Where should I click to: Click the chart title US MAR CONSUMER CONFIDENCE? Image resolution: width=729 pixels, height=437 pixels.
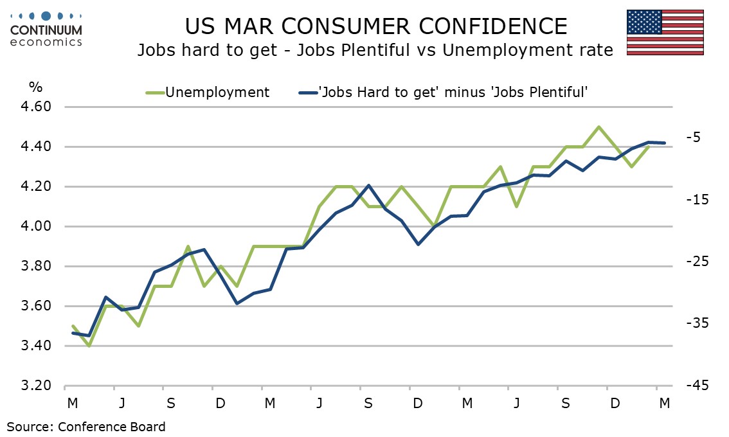pos(376,26)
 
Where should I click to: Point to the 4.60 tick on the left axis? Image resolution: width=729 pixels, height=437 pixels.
pos(39,107)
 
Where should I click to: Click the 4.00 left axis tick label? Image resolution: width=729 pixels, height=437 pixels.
pos(39,226)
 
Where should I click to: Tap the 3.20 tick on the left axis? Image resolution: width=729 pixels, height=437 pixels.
pos(39,386)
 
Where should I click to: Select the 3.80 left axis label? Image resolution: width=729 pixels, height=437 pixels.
pos(39,266)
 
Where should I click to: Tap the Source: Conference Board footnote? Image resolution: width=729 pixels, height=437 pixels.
pos(86,426)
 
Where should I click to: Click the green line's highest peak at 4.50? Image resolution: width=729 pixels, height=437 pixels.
pos(599,127)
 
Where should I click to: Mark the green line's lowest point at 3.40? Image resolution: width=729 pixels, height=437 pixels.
pos(89,346)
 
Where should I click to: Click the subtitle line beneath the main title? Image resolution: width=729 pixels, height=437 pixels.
pos(375,50)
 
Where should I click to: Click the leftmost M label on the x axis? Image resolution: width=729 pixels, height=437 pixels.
pos(72,403)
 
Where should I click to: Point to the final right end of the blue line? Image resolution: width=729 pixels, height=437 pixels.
pos(665,143)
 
